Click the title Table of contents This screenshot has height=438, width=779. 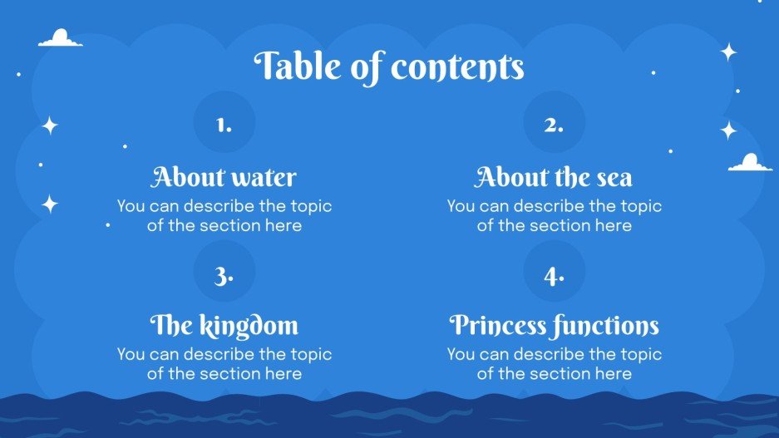click(x=389, y=66)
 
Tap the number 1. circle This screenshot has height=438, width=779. click(x=224, y=125)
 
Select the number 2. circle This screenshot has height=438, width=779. click(x=554, y=125)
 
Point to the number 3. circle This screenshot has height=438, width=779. click(x=224, y=275)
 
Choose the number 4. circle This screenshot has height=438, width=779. click(x=554, y=275)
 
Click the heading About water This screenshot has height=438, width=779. click(x=224, y=177)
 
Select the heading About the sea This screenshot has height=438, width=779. click(x=554, y=177)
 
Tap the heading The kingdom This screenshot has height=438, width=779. click(x=224, y=325)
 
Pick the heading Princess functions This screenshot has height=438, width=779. click(x=554, y=325)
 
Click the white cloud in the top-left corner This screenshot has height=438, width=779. click(x=61, y=38)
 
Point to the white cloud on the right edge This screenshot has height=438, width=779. click(x=750, y=163)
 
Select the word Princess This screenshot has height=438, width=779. click(x=499, y=325)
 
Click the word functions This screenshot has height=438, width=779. click(x=607, y=325)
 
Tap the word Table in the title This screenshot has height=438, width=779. click(x=297, y=66)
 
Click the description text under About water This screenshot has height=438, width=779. click(x=224, y=215)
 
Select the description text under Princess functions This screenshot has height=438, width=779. click(x=554, y=363)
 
